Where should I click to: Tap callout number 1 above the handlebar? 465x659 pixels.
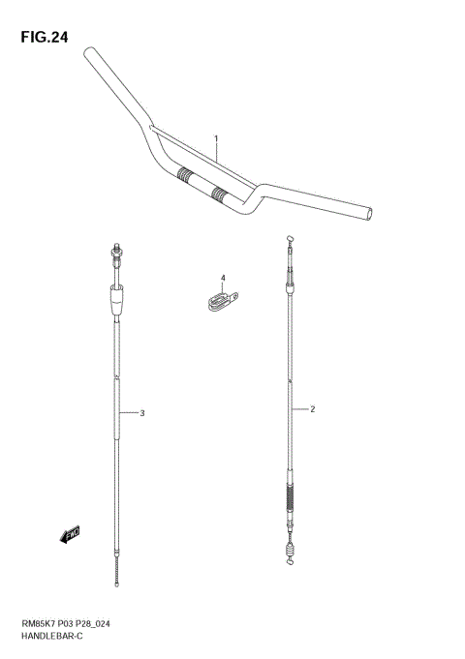click(x=217, y=137)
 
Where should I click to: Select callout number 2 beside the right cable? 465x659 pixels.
click(x=312, y=409)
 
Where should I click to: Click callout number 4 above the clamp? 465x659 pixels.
click(x=222, y=279)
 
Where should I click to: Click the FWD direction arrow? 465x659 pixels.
click(x=71, y=533)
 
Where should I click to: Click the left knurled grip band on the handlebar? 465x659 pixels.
click(x=184, y=176)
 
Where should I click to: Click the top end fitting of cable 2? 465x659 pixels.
click(x=290, y=239)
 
